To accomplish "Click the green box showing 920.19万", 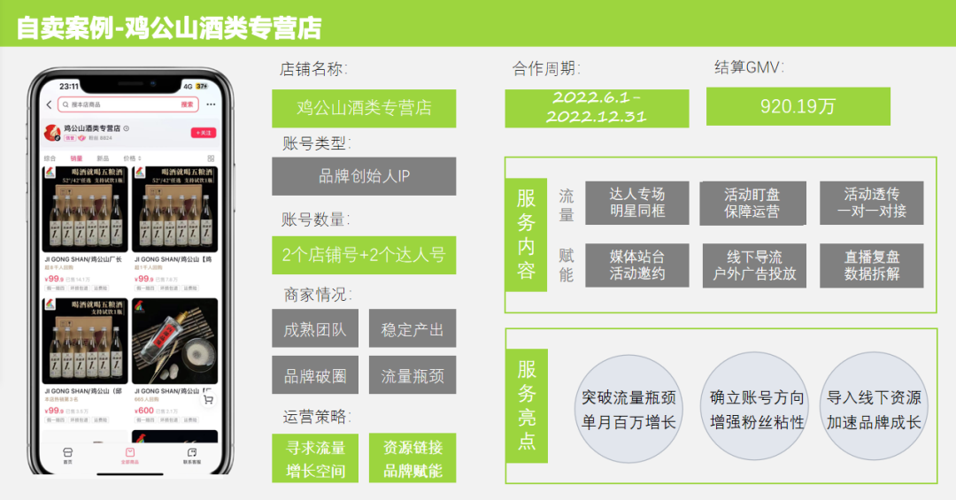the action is pos(773,106).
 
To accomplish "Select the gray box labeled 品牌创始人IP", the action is pos(364,176).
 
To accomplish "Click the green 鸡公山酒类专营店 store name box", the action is pos(364,108).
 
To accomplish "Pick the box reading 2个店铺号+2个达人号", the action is pos(364,255).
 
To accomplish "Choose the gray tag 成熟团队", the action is pos(314,330).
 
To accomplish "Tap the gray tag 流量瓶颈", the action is pos(412,375).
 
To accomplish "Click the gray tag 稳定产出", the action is pos(412,330).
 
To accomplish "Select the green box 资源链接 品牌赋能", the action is pos(412,458).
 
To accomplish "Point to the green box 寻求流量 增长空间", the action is pos(315,458).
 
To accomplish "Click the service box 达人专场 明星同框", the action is pos(636,203).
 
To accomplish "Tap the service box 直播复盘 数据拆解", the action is pos(872,265).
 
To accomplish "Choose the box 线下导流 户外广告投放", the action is pos(754,265).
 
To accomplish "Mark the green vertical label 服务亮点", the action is pos(527,406).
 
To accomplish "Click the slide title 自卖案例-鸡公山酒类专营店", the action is pos(169,27).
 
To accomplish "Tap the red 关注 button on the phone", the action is pos(204,133).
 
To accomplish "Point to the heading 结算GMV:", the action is pos(749,67).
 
